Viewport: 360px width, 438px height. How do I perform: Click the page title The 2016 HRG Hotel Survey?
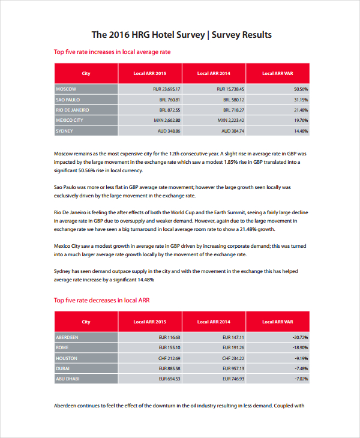tap(181, 35)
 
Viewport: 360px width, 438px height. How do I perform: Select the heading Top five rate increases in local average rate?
tap(112, 52)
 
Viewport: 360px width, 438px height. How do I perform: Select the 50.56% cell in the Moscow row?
tap(301, 89)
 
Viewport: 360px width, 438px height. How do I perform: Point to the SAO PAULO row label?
tap(68, 100)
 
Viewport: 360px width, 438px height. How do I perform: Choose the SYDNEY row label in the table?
tap(64, 130)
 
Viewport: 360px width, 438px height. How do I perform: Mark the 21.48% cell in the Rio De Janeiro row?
tap(301, 110)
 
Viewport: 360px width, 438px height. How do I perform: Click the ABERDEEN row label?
tap(67, 337)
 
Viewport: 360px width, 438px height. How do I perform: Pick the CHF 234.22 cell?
tap(233, 358)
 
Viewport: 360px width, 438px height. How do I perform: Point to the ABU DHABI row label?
tap(68, 379)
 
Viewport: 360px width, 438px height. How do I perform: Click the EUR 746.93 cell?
tap(233, 379)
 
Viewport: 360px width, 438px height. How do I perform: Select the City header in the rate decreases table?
tap(86, 322)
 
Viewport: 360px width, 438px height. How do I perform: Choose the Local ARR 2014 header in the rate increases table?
tap(214, 73)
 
